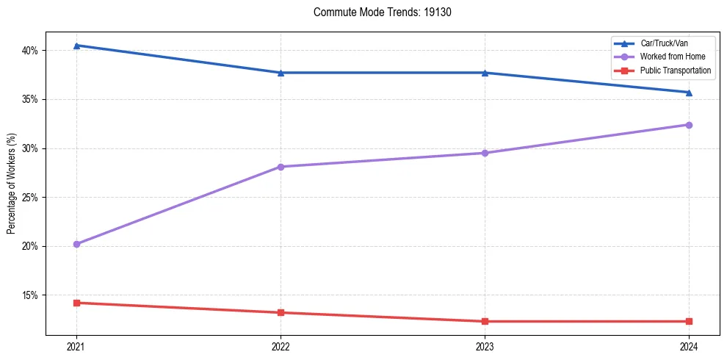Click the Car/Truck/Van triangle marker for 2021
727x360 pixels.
[76, 46]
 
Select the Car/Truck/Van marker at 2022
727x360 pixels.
[281, 73]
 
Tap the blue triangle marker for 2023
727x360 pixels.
[485, 73]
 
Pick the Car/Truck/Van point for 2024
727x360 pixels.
[689, 93]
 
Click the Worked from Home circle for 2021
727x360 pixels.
[76, 244]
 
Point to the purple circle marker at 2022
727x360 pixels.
[281, 167]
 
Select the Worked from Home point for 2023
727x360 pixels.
[485, 153]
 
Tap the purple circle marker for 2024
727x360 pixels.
[689, 125]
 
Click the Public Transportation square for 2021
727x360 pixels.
[76, 303]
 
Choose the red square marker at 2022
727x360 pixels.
[281, 312]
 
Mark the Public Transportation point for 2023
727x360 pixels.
[485, 321]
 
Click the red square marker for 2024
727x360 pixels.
[689, 321]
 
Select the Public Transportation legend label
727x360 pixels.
[676, 71]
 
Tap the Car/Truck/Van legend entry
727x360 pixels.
[664, 43]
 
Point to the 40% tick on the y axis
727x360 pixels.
[31, 51]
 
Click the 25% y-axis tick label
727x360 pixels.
[31, 198]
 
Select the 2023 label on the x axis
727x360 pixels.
[485, 345]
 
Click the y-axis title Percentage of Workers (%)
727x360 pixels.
[12, 184]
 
